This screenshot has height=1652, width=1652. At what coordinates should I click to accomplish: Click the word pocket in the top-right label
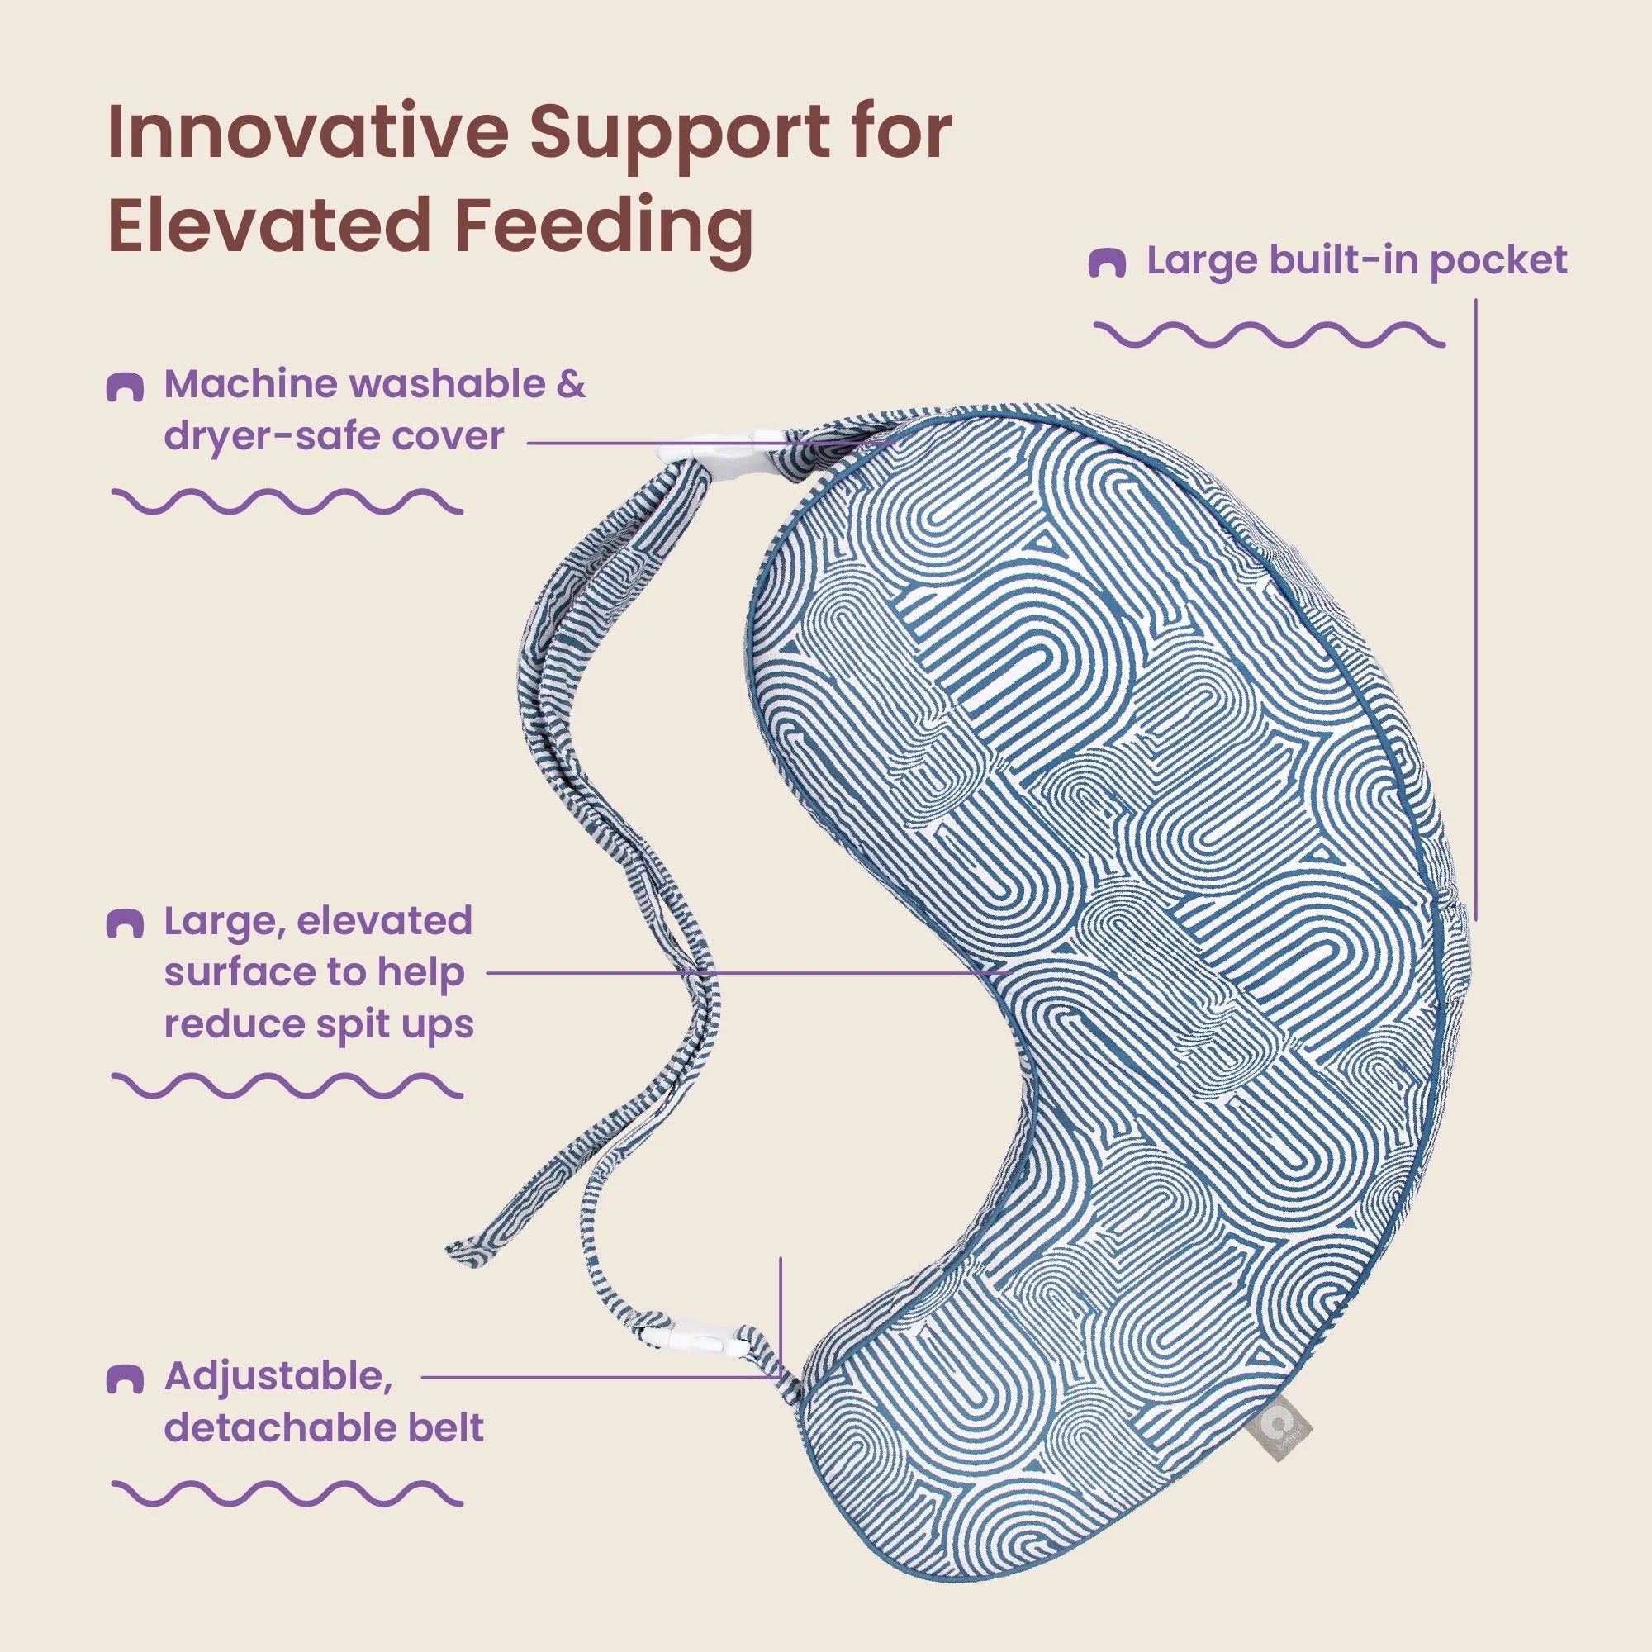tap(1499, 261)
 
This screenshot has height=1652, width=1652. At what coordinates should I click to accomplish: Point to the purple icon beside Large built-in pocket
tap(1107, 263)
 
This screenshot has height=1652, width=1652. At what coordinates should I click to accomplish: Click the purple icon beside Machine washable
tap(124, 387)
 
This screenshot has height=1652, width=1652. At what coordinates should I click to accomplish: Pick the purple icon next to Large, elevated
tap(124, 924)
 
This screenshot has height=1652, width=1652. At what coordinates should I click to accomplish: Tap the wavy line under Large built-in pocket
tap(1270, 335)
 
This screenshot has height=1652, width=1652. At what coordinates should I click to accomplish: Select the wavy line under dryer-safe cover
tap(287, 501)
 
